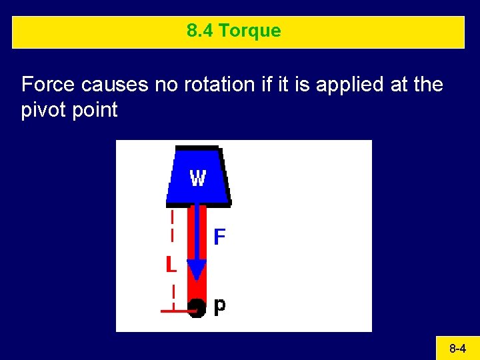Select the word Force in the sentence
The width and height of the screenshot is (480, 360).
pyautogui.click(x=48, y=85)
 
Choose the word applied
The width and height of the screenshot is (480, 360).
pyautogui.click(x=346, y=85)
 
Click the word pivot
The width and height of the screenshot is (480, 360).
pyautogui.click(x=43, y=110)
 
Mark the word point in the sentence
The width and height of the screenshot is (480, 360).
pyautogui.click(x=95, y=110)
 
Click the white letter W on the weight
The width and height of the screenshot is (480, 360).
pyautogui.click(x=198, y=178)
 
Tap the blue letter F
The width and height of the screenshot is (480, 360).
pyautogui.click(x=219, y=237)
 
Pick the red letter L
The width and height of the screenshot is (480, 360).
pyautogui.click(x=171, y=265)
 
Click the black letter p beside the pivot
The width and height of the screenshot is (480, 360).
pyautogui.click(x=219, y=305)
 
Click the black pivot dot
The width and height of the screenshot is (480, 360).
pyautogui.click(x=197, y=308)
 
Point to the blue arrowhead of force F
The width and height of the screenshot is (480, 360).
pyautogui.click(x=197, y=271)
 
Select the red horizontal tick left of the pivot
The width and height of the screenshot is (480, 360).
pyautogui.click(x=175, y=310)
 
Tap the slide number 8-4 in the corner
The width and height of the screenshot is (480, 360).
pyautogui.click(x=457, y=348)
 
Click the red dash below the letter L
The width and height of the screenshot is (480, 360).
pyautogui.click(x=173, y=292)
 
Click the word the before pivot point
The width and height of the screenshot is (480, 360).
pyautogui.click(x=427, y=85)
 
